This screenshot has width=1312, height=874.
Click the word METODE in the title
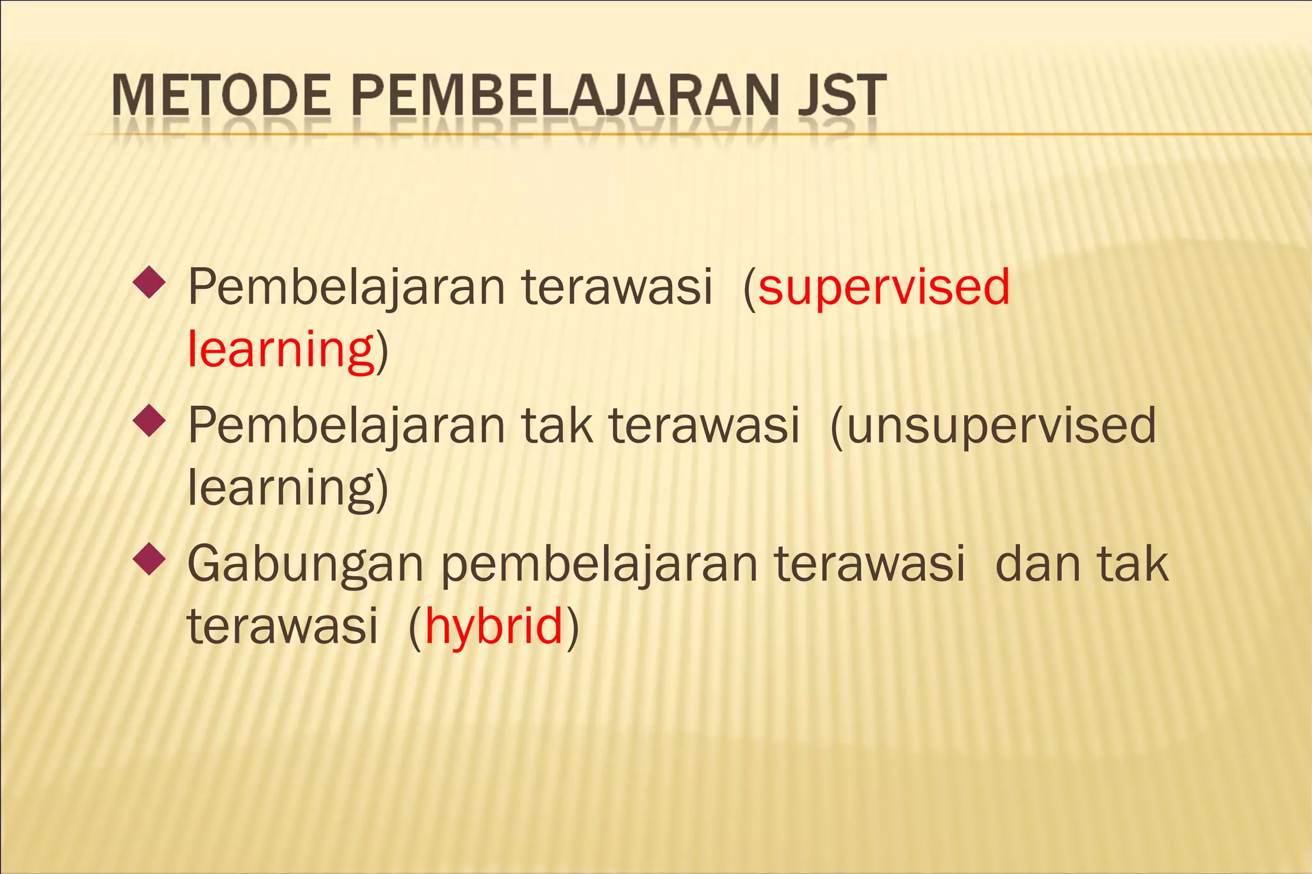coord(221,96)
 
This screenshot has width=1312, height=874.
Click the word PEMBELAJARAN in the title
coord(564,96)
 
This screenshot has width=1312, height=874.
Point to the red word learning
coord(281,350)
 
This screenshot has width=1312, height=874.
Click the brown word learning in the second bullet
coord(281,488)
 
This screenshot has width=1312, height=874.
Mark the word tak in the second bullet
coord(557,426)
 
